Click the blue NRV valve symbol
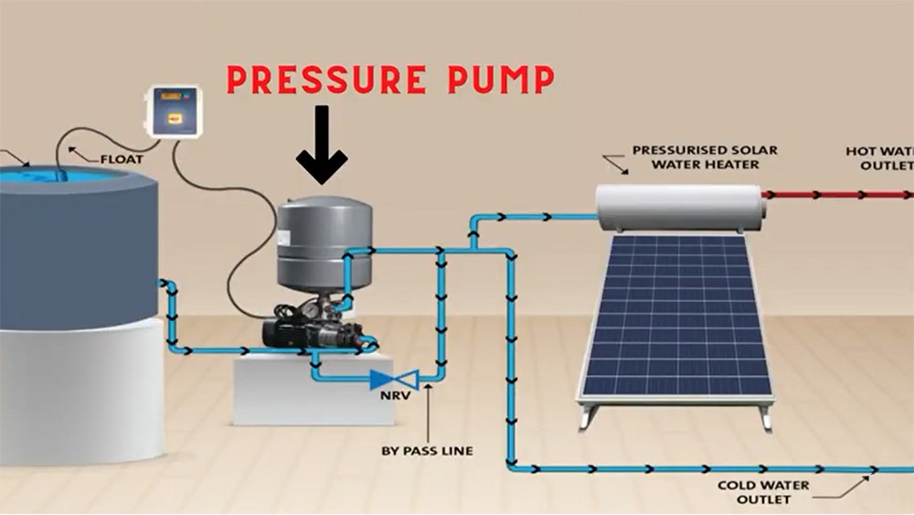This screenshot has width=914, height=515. tap(394, 378)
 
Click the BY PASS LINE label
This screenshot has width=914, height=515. tap(427, 450)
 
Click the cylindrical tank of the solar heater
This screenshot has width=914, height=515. tap(680, 207)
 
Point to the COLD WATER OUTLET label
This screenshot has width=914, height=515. tap(756, 492)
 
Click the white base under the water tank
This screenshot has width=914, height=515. tap(73, 393)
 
